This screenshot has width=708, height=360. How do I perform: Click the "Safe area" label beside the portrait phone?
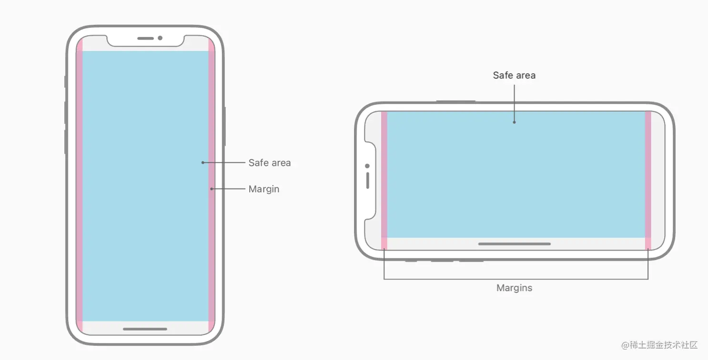269,163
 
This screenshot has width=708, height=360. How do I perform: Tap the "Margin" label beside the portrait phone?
263,189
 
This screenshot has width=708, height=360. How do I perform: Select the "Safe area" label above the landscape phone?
514,75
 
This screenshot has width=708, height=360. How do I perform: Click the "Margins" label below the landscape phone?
514,288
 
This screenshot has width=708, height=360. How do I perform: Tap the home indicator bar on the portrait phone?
145,329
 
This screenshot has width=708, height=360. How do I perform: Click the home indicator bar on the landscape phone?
514,244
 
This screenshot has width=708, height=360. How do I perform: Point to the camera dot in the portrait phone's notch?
160,38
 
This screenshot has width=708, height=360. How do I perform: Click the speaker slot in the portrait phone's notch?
145,38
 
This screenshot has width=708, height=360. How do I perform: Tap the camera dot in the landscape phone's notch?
367,166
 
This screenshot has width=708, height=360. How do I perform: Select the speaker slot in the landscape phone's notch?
367,180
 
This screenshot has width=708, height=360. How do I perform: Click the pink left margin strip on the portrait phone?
80,186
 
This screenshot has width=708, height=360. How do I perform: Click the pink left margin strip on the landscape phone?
384,181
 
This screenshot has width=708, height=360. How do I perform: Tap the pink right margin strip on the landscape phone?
648,181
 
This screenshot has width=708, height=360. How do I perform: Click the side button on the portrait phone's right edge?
224,126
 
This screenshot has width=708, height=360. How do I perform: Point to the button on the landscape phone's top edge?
456,101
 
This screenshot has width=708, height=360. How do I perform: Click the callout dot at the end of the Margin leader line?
212,189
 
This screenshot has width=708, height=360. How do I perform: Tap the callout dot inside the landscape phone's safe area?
514,122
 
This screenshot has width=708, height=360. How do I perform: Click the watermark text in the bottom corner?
659,344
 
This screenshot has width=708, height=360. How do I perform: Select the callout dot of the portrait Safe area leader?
202,163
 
